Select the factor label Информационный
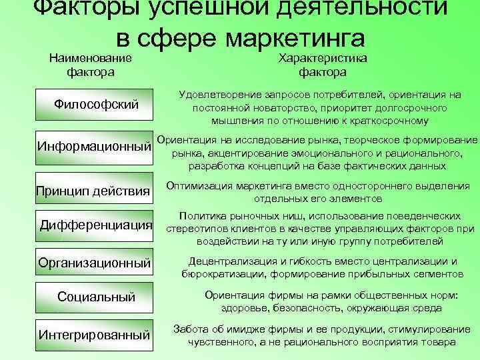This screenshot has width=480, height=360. (92, 146)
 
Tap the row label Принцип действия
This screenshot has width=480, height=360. (91, 193)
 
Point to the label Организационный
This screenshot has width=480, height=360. (93, 263)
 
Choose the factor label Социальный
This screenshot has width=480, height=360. (97, 296)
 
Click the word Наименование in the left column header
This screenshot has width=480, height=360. (90, 58)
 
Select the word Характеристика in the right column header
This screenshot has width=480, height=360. (322, 58)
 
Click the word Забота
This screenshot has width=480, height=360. (189, 329)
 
